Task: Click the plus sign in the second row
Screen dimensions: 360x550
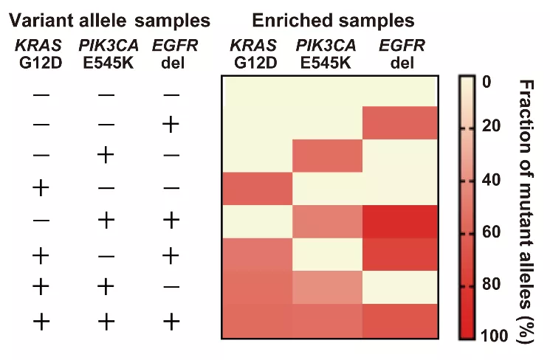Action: point(171,125)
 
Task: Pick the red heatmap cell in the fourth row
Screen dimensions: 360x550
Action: point(256,187)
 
